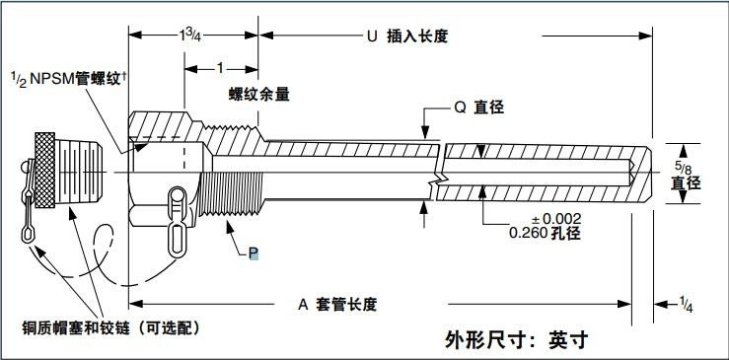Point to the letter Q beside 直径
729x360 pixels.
(x=460, y=109)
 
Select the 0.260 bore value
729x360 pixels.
(x=529, y=233)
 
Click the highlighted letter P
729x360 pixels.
(x=253, y=253)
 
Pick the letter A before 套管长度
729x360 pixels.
(x=304, y=304)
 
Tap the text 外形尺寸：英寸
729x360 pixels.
(x=517, y=340)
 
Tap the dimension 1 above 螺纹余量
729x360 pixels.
(x=221, y=68)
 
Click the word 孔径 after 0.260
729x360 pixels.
(x=566, y=233)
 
